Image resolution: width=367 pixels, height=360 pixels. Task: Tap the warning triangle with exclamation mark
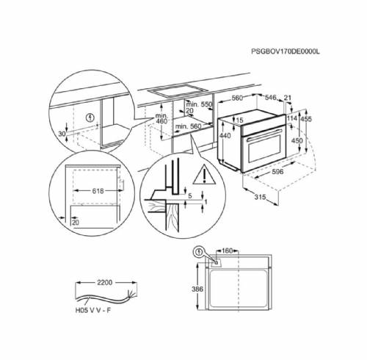pyautogui.click(x=198, y=175)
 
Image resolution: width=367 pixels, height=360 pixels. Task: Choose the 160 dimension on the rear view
pyautogui.click(x=228, y=251)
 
